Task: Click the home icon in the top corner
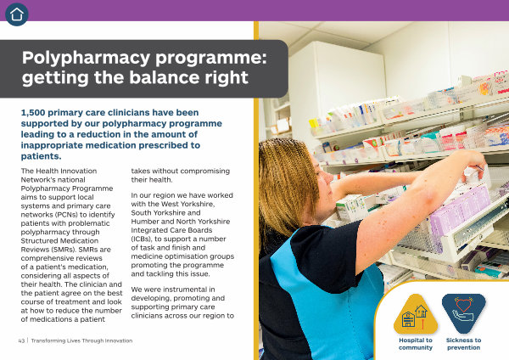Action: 17,14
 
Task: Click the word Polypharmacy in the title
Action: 86,59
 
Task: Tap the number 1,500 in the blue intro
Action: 33,113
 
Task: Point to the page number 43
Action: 21,340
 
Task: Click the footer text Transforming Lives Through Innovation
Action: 81,340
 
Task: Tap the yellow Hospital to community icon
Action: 416,314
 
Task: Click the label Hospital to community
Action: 416,344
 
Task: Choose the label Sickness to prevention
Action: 463,344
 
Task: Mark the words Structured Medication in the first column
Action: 59,241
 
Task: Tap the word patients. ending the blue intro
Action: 42,156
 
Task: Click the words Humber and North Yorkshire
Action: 181,222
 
